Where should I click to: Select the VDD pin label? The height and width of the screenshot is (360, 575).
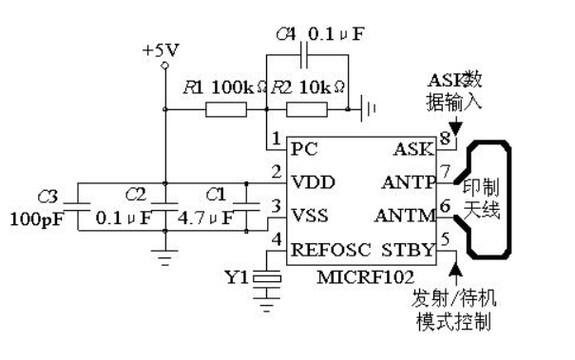[x=314, y=180]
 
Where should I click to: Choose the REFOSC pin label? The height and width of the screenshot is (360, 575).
[x=329, y=251]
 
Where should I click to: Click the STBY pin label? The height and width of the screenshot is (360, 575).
[x=413, y=251]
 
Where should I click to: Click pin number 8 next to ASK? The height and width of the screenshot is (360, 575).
[x=445, y=139]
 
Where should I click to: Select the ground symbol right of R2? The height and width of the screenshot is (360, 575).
[x=367, y=111]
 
